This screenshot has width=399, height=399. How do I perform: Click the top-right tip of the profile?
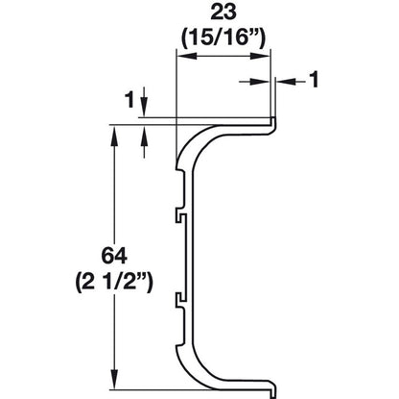pos(271,119)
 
